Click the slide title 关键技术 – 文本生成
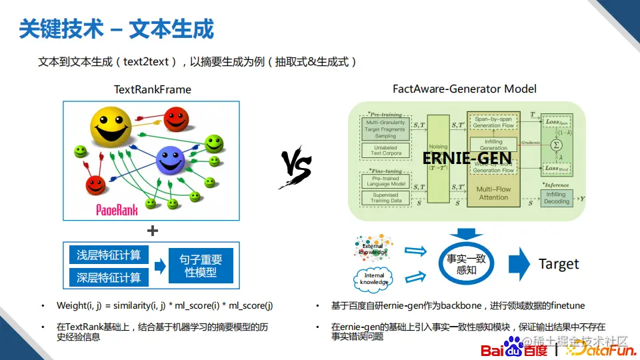tap(117, 29)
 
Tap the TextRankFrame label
tap(152, 89)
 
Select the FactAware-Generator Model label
tap(465, 89)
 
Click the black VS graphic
tap(296, 166)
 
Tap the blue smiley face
tap(169, 159)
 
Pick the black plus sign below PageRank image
tap(153, 231)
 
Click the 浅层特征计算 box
tap(109, 255)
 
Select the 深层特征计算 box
tap(109, 277)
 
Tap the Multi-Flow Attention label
tap(493, 193)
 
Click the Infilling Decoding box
tap(557, 197)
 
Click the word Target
tap(559, 264)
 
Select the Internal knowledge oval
tap(374, 278)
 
